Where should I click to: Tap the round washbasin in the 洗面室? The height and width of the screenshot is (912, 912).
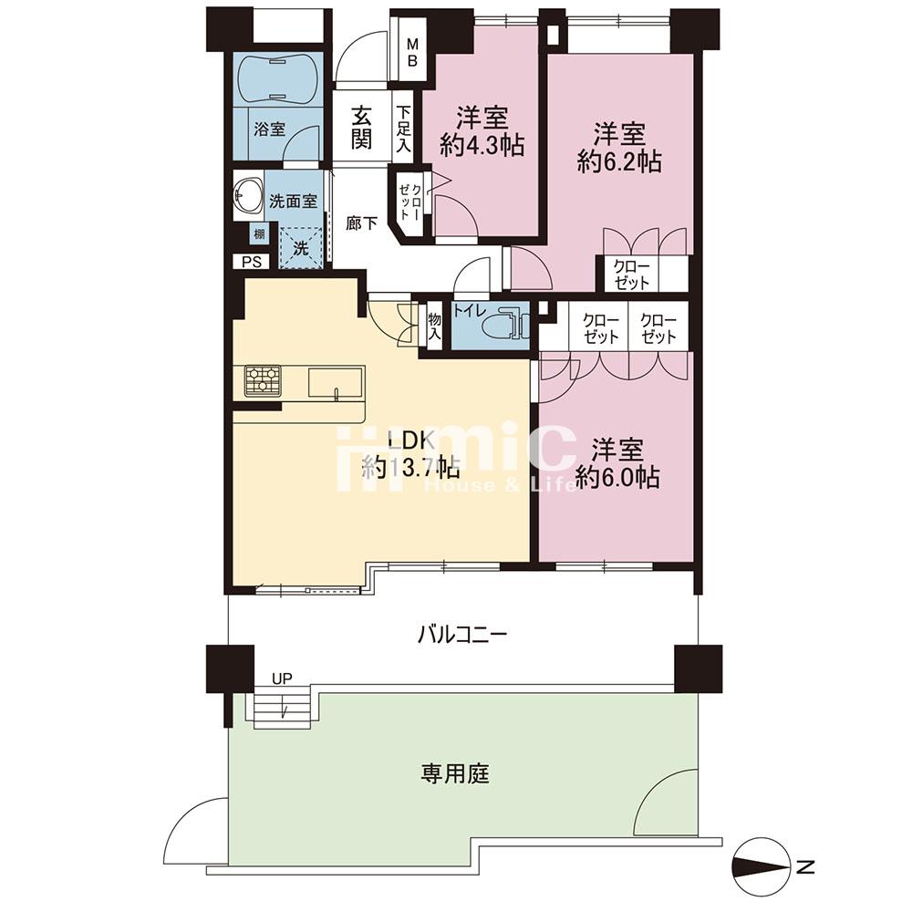(x=246, y=192)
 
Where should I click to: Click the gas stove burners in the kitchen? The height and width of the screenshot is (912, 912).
(x=262, y=379)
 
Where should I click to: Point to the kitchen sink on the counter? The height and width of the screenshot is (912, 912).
(x=335, y=381)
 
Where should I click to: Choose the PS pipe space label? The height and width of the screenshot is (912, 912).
(x=251, y=262)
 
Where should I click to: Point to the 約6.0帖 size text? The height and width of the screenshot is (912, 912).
(x=618, y=477)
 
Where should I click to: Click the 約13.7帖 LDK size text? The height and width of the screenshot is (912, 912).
(x=410, y=468)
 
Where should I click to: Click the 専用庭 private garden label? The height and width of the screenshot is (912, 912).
(x=455, y=775)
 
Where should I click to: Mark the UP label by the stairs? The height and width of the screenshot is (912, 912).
(x=281, y=679)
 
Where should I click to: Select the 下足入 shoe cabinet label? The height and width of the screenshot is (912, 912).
(x=403, y=128)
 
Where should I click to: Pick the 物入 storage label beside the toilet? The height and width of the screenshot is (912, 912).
(x=434, y=326)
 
